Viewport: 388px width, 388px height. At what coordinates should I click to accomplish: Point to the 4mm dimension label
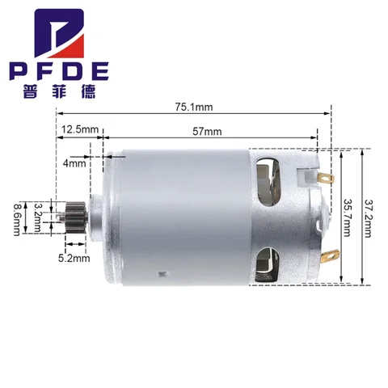(74, 163)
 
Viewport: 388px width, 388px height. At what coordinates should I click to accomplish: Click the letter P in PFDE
(22, 70)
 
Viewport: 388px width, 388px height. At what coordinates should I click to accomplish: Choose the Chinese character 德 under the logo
(81, 91)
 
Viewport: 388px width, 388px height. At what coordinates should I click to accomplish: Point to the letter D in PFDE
(64, 70)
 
